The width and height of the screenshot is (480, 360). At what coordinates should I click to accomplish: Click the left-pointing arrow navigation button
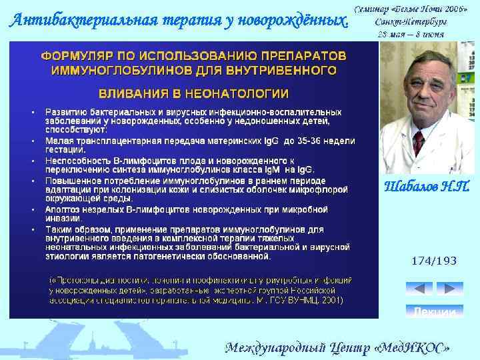(419, 288)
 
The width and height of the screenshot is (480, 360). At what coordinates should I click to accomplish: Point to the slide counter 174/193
(434, 261)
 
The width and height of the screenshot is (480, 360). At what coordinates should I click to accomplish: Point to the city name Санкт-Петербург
(410, 22)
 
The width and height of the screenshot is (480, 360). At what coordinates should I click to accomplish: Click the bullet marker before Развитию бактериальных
(33, 112)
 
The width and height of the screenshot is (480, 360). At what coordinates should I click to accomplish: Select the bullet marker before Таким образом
(33, 230)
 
